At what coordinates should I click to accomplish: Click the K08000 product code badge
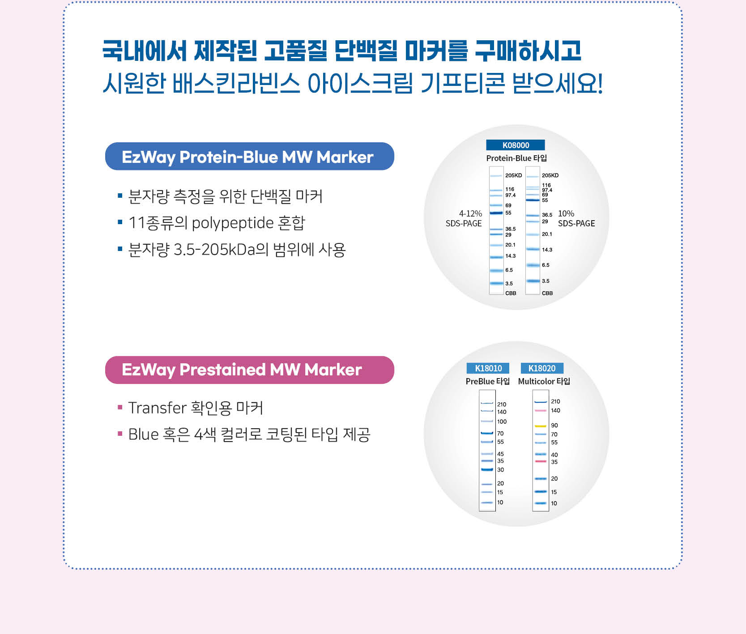point(516,145)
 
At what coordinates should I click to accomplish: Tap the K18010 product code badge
point(488,368)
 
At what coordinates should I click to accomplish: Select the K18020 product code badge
point(542,368)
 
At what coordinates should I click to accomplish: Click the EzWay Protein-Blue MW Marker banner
point(250,157)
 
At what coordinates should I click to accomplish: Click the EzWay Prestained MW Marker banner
point(250,370)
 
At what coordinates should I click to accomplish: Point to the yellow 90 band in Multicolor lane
point(541,426)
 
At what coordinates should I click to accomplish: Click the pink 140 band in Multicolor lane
point(541,411)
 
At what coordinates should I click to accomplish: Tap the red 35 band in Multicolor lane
point(541,461)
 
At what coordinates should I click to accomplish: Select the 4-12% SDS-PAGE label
point(464,218)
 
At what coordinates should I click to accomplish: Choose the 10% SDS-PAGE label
point(576,218)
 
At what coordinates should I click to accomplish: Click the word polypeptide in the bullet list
point(233,223)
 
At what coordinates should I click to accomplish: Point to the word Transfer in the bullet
point(157,408)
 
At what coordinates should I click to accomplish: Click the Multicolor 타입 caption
point(544,381)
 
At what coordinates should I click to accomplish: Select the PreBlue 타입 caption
point(488,381)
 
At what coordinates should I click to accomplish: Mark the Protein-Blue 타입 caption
point(516,158)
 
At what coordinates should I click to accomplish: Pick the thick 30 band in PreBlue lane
point(487,469)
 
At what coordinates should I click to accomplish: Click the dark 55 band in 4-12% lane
point(496,213)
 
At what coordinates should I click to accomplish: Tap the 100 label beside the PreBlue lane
point(502,421)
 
